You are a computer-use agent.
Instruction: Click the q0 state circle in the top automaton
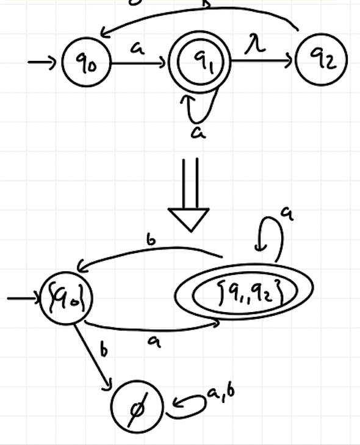pos(86,62)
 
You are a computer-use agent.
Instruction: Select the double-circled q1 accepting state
pos(196,62)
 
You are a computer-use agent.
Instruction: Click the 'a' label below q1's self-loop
pos(198,132)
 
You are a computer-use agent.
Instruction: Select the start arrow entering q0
pos(43,62)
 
